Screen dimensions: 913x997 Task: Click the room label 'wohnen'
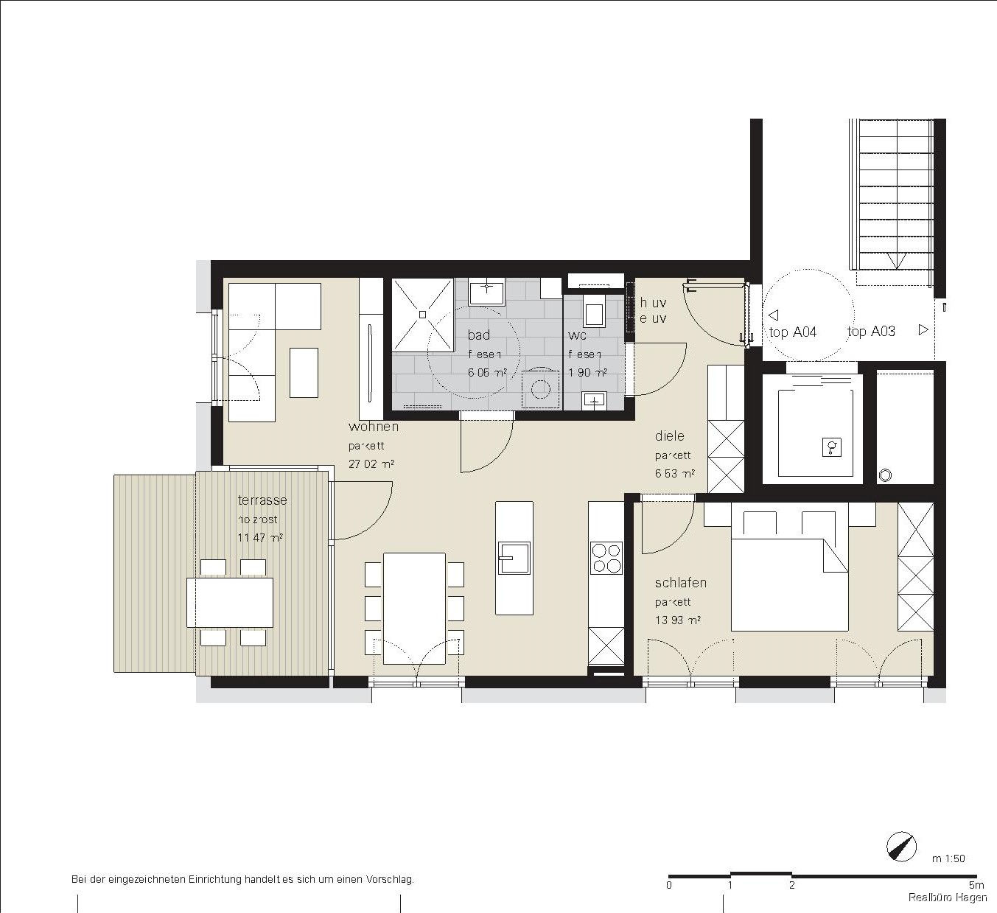pos(374,427)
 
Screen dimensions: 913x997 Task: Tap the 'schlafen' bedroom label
pos(680,583)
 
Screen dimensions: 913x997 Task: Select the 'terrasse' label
pos(262,500)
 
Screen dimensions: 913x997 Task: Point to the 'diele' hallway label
pos(669,436)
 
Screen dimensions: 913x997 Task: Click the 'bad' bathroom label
pos(478,335)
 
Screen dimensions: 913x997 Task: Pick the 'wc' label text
pos(577,335)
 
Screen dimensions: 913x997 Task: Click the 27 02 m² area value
pos(371,464)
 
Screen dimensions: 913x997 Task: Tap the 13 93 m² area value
pos(677,620)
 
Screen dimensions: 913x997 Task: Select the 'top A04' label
pos(793,332)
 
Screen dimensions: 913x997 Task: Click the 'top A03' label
pos(871,332)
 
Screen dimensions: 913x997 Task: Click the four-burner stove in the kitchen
pos(606,558)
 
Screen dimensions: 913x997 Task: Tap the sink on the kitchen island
pos(514,558)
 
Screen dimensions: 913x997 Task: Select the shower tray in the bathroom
pos(422,315)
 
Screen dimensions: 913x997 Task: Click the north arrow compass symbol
pos(902,847)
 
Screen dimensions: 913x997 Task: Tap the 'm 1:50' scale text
pos(948,858)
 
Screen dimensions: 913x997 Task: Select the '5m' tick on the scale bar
pos(976,885)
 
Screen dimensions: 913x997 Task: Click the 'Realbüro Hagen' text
pos(947,898)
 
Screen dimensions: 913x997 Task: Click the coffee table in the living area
pos(304,373)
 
